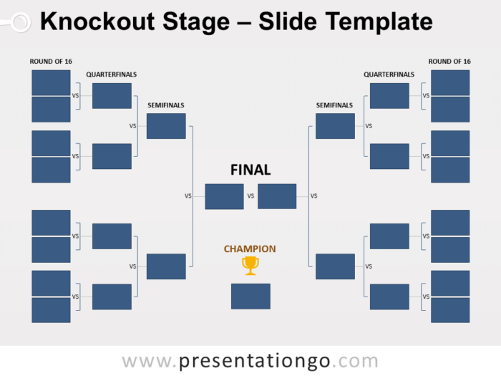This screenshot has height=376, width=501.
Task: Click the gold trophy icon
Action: coord(250,266)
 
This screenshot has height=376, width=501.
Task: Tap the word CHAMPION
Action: coord(250,249)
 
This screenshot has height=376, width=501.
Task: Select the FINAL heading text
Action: coord(250,170)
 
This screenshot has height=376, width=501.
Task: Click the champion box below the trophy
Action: coord(250,297)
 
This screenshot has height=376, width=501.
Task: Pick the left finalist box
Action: coord(224,196)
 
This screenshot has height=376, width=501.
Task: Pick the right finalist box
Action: coord(277,196)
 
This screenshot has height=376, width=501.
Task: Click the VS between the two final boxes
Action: coord(250,196)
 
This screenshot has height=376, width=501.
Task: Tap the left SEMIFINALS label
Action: coord(166,105)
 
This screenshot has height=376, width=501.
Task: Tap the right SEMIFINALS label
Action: coord(334,105)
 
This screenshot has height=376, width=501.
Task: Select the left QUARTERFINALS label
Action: coord(111,74)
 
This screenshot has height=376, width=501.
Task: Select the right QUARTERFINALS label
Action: coord(389,74)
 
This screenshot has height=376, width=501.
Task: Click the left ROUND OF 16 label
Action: coord(51,62)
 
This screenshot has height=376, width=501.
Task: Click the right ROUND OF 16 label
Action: coord(449,62)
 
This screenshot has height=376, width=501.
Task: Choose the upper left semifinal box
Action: coord(166,126)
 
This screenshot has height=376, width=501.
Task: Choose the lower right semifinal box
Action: coord(335,266)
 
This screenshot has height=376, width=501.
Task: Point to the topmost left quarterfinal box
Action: coord(112,96)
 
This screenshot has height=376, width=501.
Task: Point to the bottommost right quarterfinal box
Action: coord(389,297)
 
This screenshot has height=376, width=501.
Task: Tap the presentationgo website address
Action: coord(250,360)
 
